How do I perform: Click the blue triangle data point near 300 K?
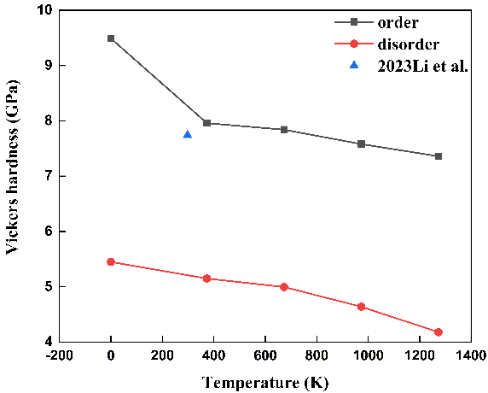click(x=188, y=135)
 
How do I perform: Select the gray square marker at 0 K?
click(x=111, y=38)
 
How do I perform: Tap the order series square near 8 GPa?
click(x=207, y=123)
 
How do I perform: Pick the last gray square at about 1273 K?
click(x=439, y=156)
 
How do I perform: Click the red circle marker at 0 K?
click(x=111, y=261)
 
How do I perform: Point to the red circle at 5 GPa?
click(x=284, y=287)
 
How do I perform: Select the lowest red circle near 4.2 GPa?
click(x=439, y=332)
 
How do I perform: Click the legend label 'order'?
click(x=398, y=23)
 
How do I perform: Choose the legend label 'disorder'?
click(x=409, y=44)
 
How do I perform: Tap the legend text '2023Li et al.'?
click(x=422, y=66)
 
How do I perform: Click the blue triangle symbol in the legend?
click(x=354, y=65)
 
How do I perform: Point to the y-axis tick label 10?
click(x=46, y=10)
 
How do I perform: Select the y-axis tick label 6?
click(x=49, y=232)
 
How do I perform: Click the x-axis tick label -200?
click(x=59, y=355)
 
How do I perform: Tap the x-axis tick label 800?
click(x=317, y=355)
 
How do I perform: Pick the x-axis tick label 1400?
click(x=471, y=355)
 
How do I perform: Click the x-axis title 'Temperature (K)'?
click(x=265, y=383)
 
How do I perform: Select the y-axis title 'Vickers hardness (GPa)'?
click(x=13, y=167)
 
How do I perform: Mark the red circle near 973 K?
click(x=361, y=307)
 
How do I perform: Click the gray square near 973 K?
click(x=361, y=144)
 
